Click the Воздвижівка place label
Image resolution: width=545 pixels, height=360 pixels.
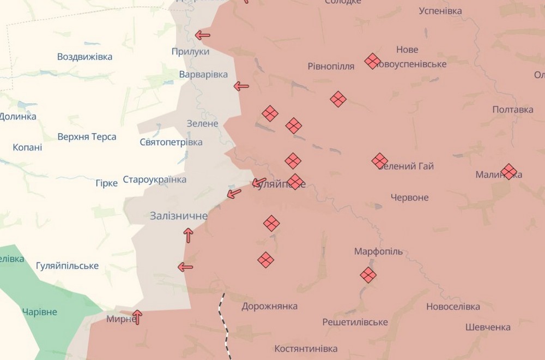(x=84, y=57)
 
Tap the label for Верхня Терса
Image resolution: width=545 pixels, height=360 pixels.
(x=87, y=137)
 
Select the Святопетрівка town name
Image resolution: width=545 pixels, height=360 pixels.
(x=171, y=142)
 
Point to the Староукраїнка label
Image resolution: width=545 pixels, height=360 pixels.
(x=154, y=179)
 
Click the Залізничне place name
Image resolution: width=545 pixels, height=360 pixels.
(x=179, y=216)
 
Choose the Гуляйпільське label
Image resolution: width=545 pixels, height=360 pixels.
(x=67, y=266)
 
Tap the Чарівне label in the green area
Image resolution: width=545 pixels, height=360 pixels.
(x=39, y=312)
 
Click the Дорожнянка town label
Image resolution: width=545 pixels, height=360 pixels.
(x=270, y=306)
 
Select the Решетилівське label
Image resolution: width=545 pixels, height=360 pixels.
(x=355, y=322)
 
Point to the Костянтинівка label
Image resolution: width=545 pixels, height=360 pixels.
(x=306, y=349)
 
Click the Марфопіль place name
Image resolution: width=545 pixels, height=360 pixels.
(x=378, y=251)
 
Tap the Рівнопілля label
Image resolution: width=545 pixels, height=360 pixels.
(x=331, y=67)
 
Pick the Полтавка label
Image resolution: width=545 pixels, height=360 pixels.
(x=513, y=110)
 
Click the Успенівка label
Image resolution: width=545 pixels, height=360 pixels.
(x=440, y=11)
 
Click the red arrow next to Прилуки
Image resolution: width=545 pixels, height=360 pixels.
(x=202, y=35)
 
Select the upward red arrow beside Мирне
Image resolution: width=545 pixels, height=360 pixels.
(x=137, y=316)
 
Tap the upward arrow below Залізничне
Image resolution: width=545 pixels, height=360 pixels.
(x=188, y=236)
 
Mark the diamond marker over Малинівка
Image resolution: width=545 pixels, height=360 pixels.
(x=509, y=172)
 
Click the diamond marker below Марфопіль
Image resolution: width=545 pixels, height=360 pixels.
(x=368, y=275)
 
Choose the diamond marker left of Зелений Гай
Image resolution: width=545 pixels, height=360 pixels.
(x=380, y=161)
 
